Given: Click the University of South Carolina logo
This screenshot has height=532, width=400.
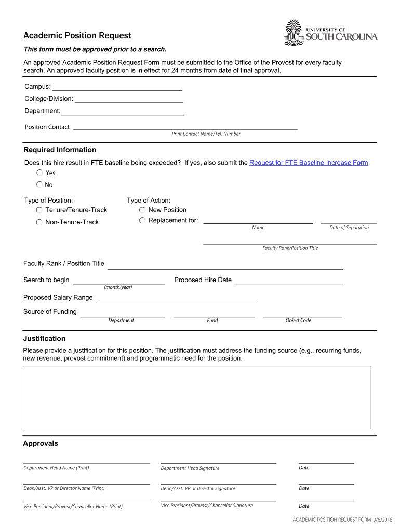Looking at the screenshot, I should pyautogui.click(x=330, y=32).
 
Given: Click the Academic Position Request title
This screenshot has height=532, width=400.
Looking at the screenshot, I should pyautogui.click(x=77, y=35).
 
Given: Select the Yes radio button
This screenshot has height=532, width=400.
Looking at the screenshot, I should pyautogui.click(x=39, y=172).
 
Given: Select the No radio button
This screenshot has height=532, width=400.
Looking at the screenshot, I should pyautogui.click(x=39, y=184).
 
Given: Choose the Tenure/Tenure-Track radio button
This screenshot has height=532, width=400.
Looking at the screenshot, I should pyautogui.click(x=39, y=210).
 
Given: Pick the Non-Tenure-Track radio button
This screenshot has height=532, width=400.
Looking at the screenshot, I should pyautogui.click(x=39, y=222).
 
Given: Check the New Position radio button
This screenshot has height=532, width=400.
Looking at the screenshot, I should pyautogui.click(x=142, y=210).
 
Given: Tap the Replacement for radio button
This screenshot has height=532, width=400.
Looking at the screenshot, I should pyautogui.click(x=142, y=221).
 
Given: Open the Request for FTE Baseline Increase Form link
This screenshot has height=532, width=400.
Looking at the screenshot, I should pyautogui.click(x=309, y=163).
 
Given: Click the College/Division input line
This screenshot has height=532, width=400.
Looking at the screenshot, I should pyautogui.click(x=128, y=99).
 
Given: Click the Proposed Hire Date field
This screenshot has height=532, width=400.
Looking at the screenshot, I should pyautogui.click(x=288, y=280).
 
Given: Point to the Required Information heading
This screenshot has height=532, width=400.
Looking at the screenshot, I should pyautogui.click(x=60, y=150).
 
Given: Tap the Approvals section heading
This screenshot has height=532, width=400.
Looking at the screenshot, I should pyautogui.click(x=41, y=443).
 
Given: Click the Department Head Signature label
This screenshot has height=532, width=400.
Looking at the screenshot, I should pyautogui.click(x=190, y=468).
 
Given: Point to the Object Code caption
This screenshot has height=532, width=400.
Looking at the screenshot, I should pyautogui.click(x=298, y=320).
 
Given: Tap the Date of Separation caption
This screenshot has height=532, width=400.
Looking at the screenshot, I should pyautogui.click(x=349, y=228).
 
